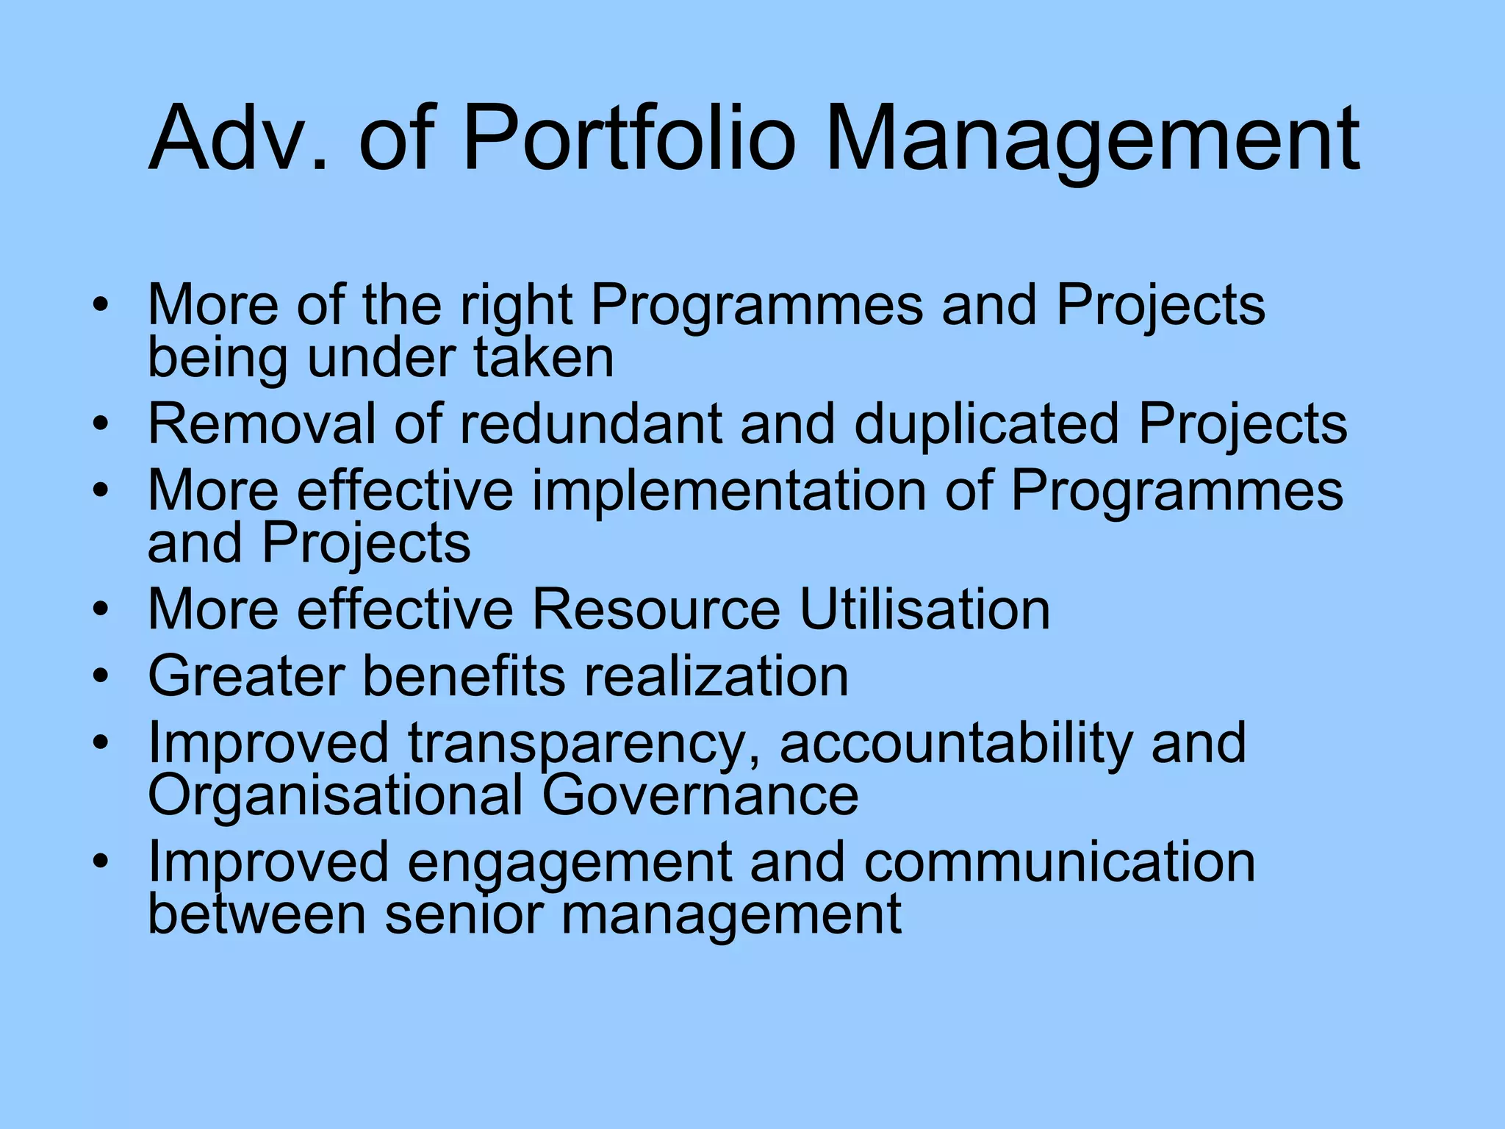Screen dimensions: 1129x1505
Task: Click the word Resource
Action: [655, 609]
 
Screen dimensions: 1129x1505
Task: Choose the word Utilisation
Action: [924, 609]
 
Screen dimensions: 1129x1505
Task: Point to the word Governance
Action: [700, 795]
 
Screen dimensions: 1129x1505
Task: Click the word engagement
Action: [570, 864]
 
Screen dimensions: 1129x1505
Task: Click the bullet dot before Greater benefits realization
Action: [101, 675]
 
